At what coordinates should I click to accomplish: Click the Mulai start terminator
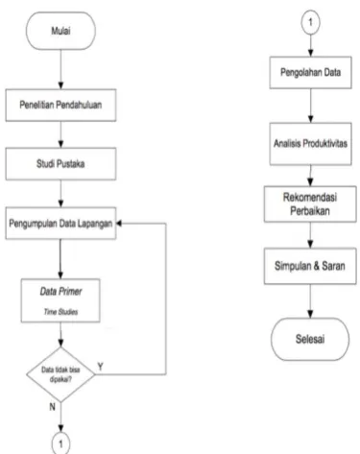pos(60,31)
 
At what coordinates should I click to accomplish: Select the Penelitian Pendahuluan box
pos(60,105)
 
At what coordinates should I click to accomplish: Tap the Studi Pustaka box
pos(60,164)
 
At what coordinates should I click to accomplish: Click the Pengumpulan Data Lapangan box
pos(60,223)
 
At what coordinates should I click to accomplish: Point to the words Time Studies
pos(60,312)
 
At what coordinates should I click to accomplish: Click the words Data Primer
pos(60,292)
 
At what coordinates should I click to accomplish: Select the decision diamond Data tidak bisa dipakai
pos(60,374)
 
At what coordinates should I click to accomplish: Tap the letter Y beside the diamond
pos(101,367)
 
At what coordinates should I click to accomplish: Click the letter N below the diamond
pos(52,407)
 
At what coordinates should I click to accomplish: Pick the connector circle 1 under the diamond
pos(60,443)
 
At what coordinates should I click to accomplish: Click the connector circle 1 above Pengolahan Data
pos(310,23)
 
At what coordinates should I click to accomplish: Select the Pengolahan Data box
pos(310,73)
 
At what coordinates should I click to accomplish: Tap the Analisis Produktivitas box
pos(310,144)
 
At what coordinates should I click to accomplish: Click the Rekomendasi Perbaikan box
pos(310,203)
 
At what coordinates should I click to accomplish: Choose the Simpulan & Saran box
pos(310,266)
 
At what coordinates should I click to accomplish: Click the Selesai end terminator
pos(310,339)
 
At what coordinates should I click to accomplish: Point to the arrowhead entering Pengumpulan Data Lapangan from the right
pos(119,224)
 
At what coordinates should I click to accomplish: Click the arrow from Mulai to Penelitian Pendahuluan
pos(60,69)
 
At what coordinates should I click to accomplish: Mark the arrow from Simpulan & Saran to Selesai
pos(310,301)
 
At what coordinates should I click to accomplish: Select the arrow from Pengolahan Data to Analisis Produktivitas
pos(310,106)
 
